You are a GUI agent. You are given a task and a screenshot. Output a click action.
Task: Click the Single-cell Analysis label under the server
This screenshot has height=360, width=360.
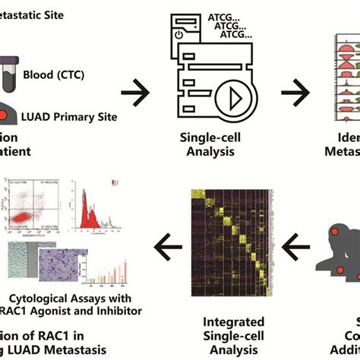coord(207,144)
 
